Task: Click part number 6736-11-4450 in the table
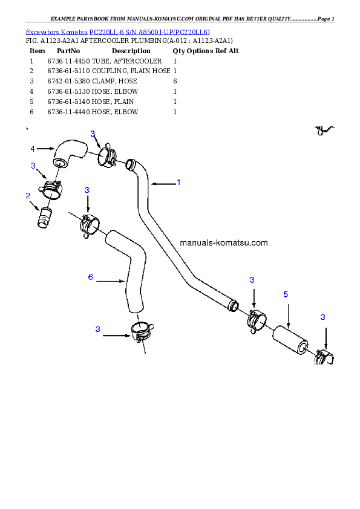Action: (x=68, y=61)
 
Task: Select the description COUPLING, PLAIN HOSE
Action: (x=131, y=71)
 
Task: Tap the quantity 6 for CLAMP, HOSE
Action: (x=175, y=81)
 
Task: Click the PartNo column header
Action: (x=68, y=51)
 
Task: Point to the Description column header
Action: (x=131, y=51)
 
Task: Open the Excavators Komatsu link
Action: (x=56, y=32)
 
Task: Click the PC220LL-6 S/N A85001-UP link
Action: (x=149, y=32)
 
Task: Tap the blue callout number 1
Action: (x=178, y=183)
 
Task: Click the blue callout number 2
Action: (x=28, y=195)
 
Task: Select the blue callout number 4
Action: (x=33, y=149)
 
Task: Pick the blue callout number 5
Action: (x=286, y=294)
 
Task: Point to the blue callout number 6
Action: (x=90, y=277)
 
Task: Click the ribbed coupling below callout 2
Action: (x=45, y=218)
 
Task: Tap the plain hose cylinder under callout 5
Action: (x=290, y=340)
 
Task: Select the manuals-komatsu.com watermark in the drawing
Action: (x=223, y=243)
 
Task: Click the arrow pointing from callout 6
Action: (x=111, y=280)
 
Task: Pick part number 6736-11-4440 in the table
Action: (x=68, y=112)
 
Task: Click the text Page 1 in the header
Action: (x=326, y=19)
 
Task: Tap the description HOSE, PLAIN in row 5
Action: (x=113, y=102)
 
